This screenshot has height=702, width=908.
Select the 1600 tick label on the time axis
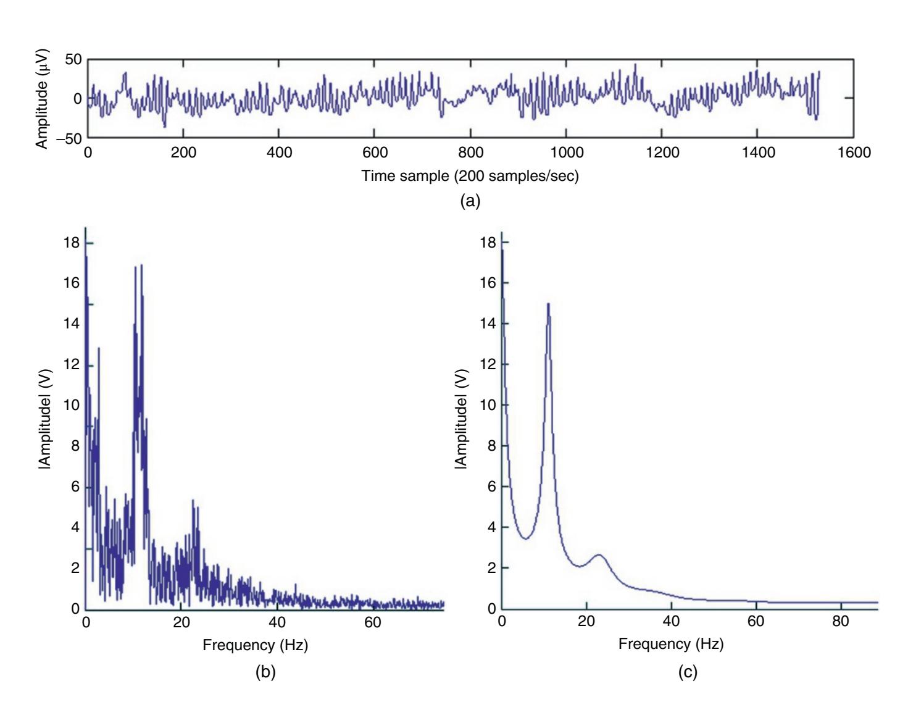pyautogui.click(x=854, y=153)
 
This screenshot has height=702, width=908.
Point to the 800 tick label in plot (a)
pyautogui.click(x=470, y=153)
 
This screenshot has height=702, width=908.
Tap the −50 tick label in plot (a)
pyautogui.click(x=68, y=138)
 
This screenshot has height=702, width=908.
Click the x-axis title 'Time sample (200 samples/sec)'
pyautogui.click(x=470, y=176)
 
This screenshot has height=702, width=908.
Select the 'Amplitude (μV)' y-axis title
pyautogui.click(x=43, y=99)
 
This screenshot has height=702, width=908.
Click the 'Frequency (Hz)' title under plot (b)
pyautogui.click(x=255, y=645)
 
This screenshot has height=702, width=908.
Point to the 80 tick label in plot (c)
pyautogui.click(x=840, y=621)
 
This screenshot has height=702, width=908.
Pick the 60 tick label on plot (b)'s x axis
pyautogui.click(x=372, y=622)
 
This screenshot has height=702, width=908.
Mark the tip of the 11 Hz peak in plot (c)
pyautogui.click(x=548, y=304)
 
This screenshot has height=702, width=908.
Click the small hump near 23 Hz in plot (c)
pyautogui.click(x=599, y=556)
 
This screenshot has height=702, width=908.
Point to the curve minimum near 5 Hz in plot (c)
pyautogui.click(x=525, y=538)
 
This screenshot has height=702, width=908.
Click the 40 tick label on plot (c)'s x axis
pyautogui.click(x=671, y=621)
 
